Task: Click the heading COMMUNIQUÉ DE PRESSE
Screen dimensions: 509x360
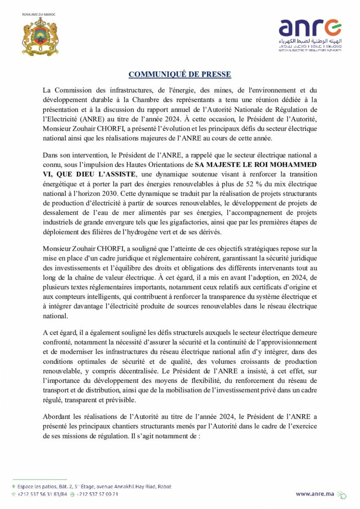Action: click(180, 75)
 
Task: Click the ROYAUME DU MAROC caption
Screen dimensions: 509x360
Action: click(39, 15)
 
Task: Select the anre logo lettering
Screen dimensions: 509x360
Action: click(310, 28)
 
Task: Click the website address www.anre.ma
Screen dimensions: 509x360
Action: click(315, 494)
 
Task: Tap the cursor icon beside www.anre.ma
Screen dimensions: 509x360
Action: click(342, 494)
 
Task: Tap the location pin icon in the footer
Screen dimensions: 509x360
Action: click(13, 487)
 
